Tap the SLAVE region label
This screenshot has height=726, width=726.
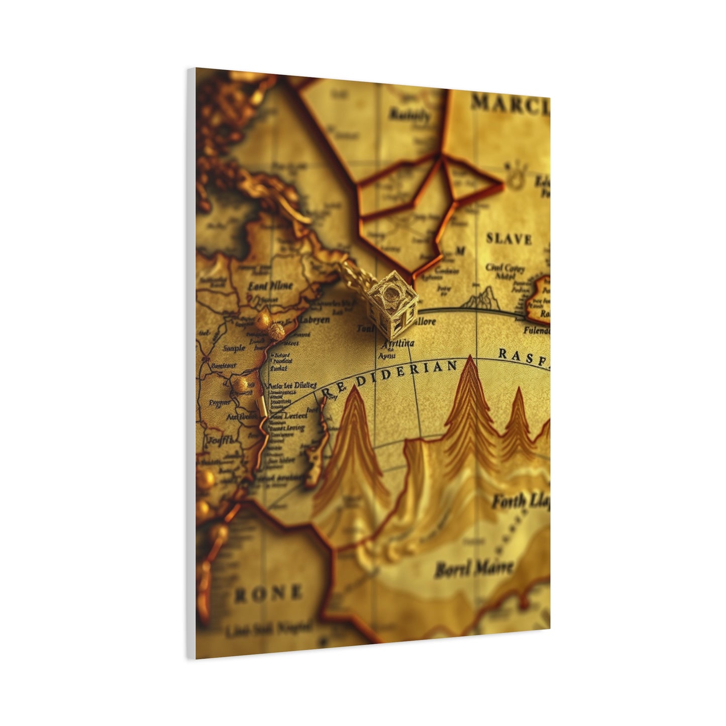coord(508,239)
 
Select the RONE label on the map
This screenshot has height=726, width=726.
coord(269,593)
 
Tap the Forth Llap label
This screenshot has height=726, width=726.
coord(520,501)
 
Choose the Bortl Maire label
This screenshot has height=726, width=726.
coord(473,569)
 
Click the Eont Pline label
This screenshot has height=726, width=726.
coord(270,286)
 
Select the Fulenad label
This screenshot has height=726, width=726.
coord(536,331)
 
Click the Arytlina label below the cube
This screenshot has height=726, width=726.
coord(397,344)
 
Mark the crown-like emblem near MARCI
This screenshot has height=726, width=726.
coord(513,175)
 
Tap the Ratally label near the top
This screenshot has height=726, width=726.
coord(410,115)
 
